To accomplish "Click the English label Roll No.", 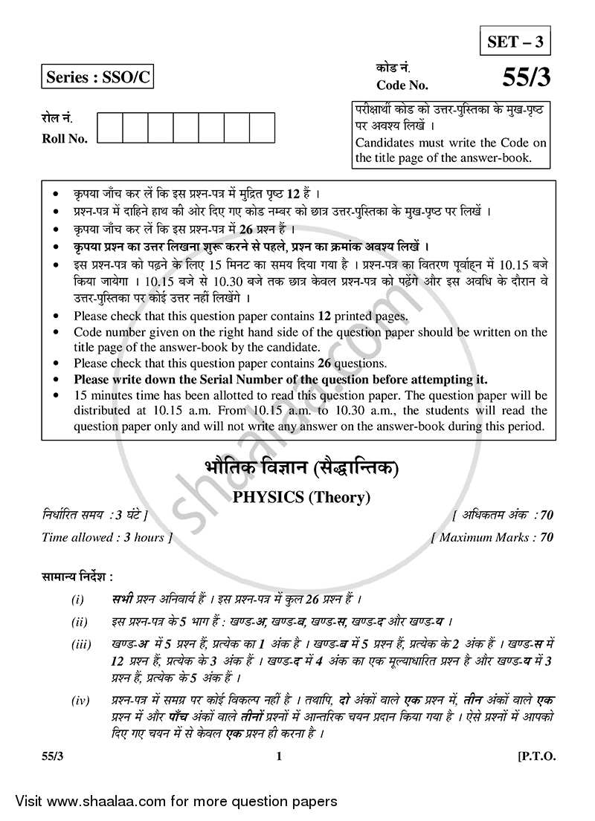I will click(x=65, y=138).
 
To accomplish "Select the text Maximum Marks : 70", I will click(x=494, y=537).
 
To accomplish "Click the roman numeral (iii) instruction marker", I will click(x=82, y=646).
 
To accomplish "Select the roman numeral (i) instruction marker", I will click(x=78, y=599).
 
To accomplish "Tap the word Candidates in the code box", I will click(x=387, y=143).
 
